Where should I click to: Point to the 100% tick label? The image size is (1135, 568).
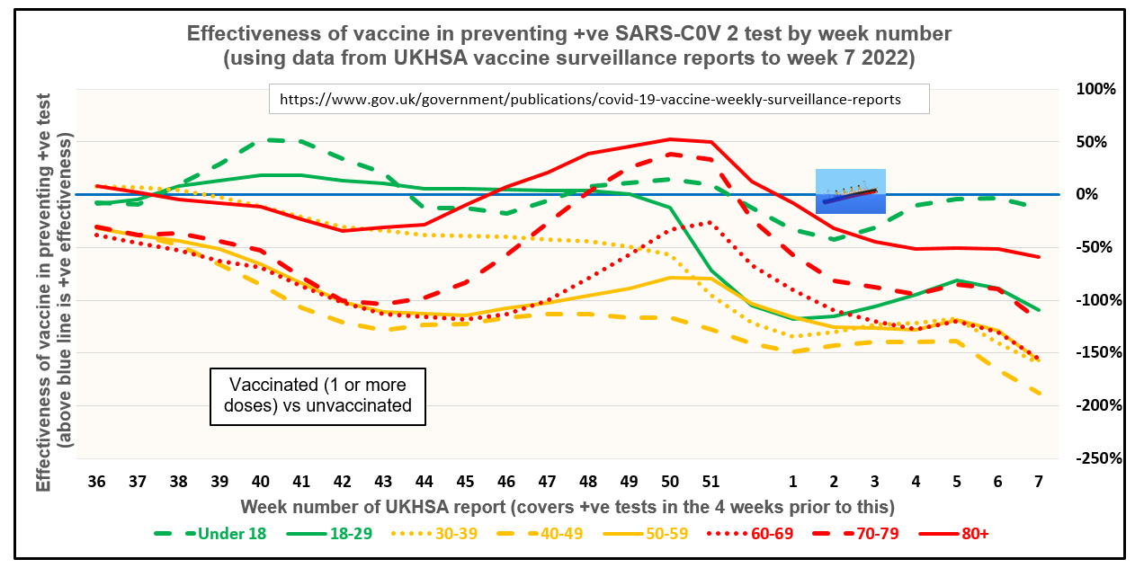1096,89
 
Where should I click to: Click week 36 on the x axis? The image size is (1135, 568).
96,482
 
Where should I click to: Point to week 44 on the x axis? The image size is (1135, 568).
425,482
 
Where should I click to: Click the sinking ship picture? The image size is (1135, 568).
850,191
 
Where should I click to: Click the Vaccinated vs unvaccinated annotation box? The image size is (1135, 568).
317,395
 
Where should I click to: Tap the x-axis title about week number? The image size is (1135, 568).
567,506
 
